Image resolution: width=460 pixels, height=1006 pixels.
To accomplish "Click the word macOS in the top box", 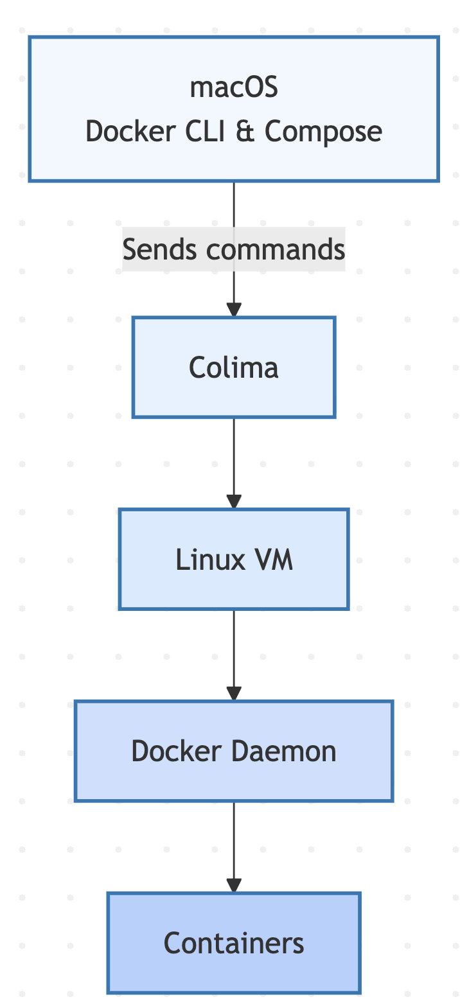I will tap(234, 87).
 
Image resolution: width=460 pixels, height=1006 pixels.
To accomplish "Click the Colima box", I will tap(234, 367).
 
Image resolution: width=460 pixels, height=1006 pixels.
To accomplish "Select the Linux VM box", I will tap(234, 560).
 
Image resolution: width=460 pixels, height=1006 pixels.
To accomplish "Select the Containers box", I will tap(234, 943).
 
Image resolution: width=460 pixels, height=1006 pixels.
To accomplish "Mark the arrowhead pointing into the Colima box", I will tap(234, 309).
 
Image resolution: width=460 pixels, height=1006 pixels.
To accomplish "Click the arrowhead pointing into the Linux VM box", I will tap(234, 502).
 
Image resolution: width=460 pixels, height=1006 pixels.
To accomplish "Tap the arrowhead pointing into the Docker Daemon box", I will tap(234, 693).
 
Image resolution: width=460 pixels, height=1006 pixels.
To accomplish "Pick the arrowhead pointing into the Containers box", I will tap(234, 885).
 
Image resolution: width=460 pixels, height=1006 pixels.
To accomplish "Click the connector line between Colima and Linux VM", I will tap(234, 456).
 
